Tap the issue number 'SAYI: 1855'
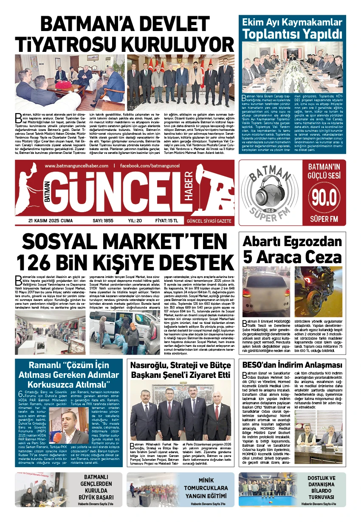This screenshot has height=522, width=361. click(x=103, y=221)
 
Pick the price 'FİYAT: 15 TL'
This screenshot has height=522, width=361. click(x=166, y=221)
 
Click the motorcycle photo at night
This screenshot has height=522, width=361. click(x=319, y=292)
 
